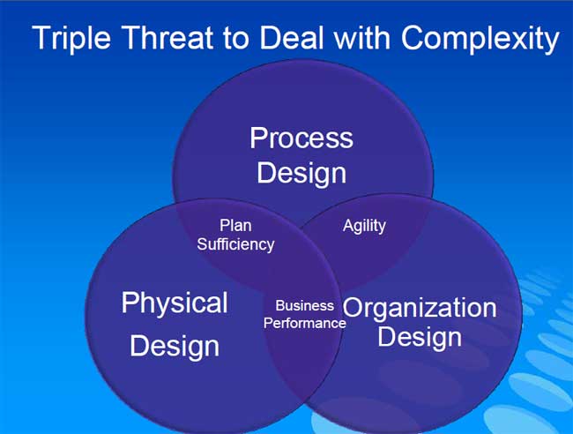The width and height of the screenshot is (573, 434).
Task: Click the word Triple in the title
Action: [x=71, y=39]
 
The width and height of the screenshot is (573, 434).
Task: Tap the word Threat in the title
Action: [x=168, y=37]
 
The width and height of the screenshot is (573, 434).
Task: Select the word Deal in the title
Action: [x=292, y=37]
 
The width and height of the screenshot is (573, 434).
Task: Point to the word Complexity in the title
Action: [x=480, y=39]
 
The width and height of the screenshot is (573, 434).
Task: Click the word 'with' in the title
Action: [x=362, y=37]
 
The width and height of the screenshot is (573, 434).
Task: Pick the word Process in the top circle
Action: [x=301, y=138]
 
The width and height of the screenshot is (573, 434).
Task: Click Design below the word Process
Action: [x=301, y=174]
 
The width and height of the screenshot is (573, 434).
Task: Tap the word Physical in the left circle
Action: [x=175, y=303]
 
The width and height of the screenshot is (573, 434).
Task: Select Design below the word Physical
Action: [x=175, y=347]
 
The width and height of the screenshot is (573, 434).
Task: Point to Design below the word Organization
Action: [x=420, y=337]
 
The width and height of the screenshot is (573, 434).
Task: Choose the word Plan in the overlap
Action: [x=235, y=225]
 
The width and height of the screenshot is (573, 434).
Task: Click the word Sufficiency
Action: [x=235, y=244]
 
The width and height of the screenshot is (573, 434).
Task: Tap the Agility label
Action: [x=364, y=226]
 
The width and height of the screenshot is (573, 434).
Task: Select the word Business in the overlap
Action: [x=304, y=305]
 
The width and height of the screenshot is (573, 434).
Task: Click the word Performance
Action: [x=305, y=323]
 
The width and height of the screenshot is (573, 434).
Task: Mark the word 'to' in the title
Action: [x=236, y=39]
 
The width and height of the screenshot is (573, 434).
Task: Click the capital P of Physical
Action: [x=130, y=303]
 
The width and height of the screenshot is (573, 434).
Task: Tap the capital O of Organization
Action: [x=353, y=308]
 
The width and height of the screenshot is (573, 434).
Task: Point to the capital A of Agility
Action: [x=348, y=225]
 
